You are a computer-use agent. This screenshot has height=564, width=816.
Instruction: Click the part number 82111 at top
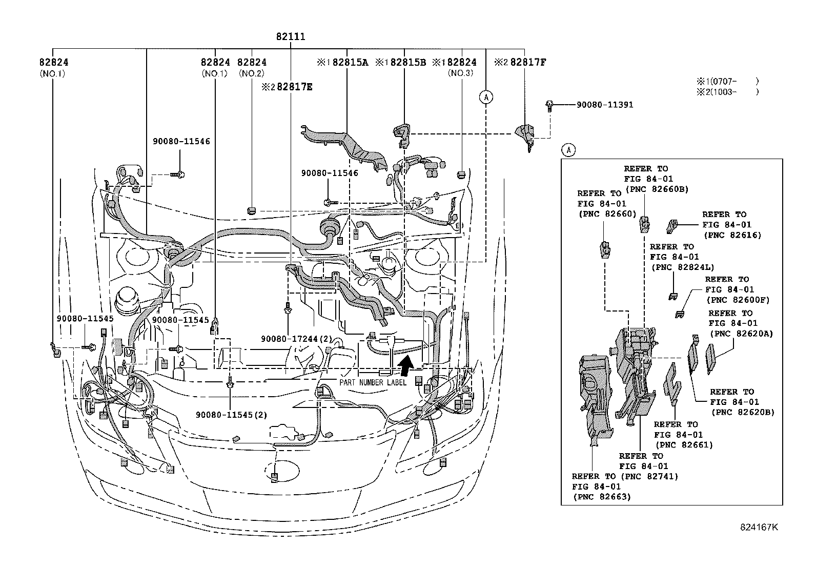point(291,36)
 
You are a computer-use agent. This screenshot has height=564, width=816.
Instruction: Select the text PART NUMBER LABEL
point(373,382)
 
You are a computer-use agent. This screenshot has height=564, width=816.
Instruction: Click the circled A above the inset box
point(568,150)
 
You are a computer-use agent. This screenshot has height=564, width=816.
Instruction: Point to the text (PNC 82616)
point(732,235)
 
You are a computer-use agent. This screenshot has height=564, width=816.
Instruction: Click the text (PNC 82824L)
point(682,267)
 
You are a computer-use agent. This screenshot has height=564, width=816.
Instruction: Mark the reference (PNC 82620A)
point(741,334)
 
